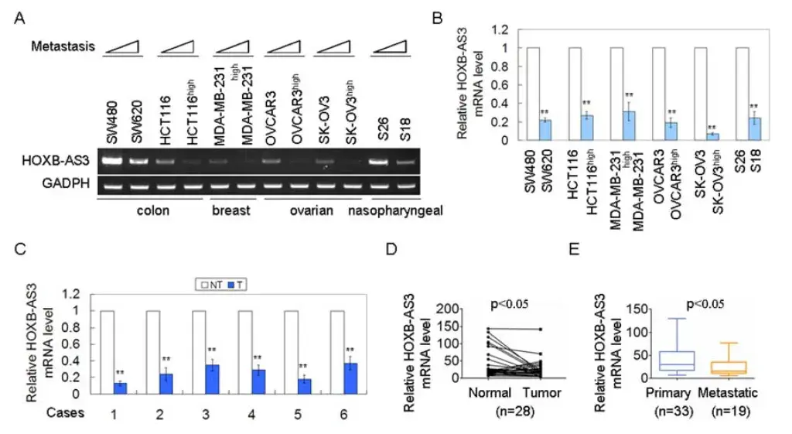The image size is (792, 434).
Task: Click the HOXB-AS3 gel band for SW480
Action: click(112, 161)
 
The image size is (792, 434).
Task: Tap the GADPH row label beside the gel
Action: click(66, 183)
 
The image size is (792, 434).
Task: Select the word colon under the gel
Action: click(152, 210)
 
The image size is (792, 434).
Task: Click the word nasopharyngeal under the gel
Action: click(395, 210)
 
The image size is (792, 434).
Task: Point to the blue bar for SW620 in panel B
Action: click(545, 130)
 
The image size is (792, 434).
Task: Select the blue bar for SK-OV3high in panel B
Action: click(712, 137)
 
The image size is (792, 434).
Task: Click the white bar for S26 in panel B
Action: click(742, 94)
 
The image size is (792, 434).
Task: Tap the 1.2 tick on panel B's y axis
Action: click(500, 30)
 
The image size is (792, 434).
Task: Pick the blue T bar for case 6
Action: click(350, 378)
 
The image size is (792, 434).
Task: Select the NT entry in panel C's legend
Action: click(212, 285)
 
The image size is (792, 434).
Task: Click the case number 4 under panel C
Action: click(251, 415)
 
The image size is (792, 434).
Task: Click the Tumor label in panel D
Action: click(541, 392)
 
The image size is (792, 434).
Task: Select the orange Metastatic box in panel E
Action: click(728, 367)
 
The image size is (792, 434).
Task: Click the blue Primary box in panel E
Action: click(676, 361)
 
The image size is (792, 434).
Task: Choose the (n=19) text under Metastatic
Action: click(729, 412)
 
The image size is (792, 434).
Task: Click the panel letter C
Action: click(19, 249)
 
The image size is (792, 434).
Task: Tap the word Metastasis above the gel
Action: click(63, 46)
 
